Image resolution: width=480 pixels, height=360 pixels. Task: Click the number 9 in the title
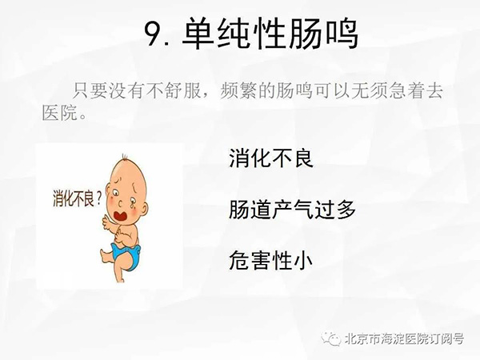[x=154, y=34]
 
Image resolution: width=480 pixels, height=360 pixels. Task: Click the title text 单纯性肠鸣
[x=270, y=33]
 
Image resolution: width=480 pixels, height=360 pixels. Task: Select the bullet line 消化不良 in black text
[x=271, y=158]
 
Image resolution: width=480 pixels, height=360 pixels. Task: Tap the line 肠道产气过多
[x=292, y=210]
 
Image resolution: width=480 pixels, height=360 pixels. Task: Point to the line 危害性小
[x=271, y=260]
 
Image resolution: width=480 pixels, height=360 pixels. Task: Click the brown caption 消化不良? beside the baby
[x=77, y=198]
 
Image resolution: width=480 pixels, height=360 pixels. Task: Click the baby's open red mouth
[x=121, y=215]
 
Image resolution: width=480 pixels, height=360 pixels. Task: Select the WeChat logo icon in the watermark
[x=331, y=338]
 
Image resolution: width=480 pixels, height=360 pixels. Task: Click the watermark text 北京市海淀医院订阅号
[x=404, y=339]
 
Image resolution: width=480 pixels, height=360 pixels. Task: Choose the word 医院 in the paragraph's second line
[x=60, y=113]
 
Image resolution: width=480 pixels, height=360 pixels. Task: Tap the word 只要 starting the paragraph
[x=90, y=90]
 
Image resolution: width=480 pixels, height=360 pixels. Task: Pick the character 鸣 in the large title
[x=342, y=34]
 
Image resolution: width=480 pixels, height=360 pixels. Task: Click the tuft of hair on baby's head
[x=125, y=158]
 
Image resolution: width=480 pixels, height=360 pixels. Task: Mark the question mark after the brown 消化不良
[x=98, y=198]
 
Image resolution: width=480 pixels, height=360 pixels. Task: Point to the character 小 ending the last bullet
[x=302, y=261]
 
